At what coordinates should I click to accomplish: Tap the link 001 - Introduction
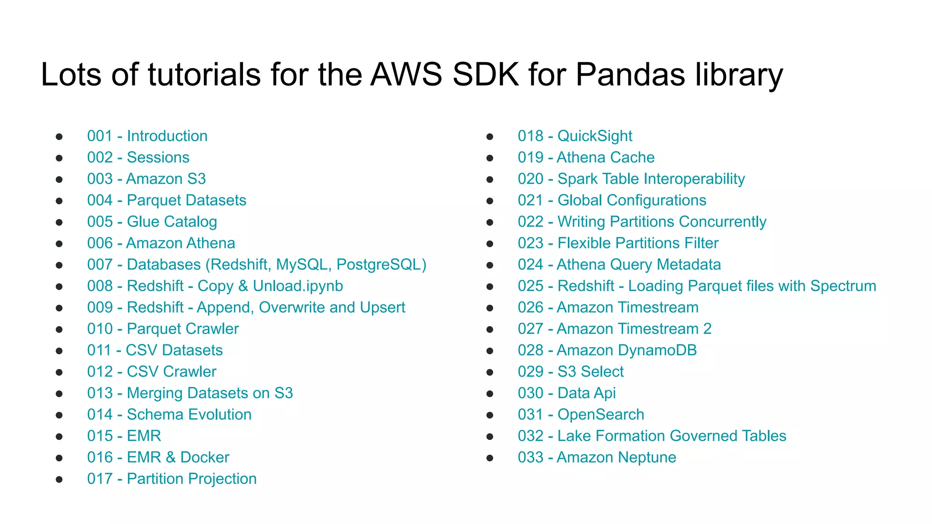coord(147,136)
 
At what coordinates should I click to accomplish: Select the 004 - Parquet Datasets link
coord(167,200)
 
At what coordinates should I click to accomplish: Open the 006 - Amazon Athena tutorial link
coord(161,243)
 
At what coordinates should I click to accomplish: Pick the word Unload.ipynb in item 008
coord(298,286)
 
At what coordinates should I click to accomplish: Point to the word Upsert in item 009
coord(382,307)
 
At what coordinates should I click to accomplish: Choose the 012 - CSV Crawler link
coord(152,372)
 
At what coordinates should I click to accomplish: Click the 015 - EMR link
coord(124,436)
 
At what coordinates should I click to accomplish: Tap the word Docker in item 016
coord(205,457)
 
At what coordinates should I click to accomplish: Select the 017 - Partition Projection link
coord(172,479)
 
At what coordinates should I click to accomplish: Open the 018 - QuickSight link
coord(575,136)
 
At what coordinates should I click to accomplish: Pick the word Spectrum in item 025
coord(843,286)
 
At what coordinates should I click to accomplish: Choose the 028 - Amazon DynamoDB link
coord(607,350)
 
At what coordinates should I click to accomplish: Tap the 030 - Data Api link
coord(567,393)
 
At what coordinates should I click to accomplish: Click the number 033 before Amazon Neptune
coord(531,457)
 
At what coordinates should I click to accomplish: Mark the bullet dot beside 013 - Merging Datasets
coord(59,393)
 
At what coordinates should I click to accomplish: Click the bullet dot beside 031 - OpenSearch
coord(490,415)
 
